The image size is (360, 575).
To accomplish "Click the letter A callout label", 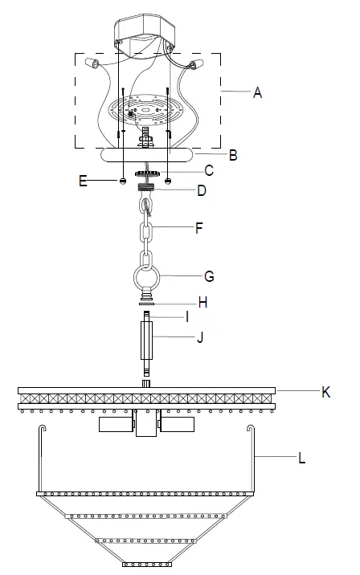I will click(x=257, y=93).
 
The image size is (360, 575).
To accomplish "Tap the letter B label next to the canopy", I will click(x=233, y=155).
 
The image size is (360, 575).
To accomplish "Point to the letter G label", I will click(x=209, y=276).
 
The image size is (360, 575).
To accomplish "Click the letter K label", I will click(x=325, y=392).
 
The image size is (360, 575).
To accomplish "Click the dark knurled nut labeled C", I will click(x=145, y=172).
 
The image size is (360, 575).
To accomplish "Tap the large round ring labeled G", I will click(x=146, y=281).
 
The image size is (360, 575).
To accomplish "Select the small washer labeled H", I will click(x=145, y=304).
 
